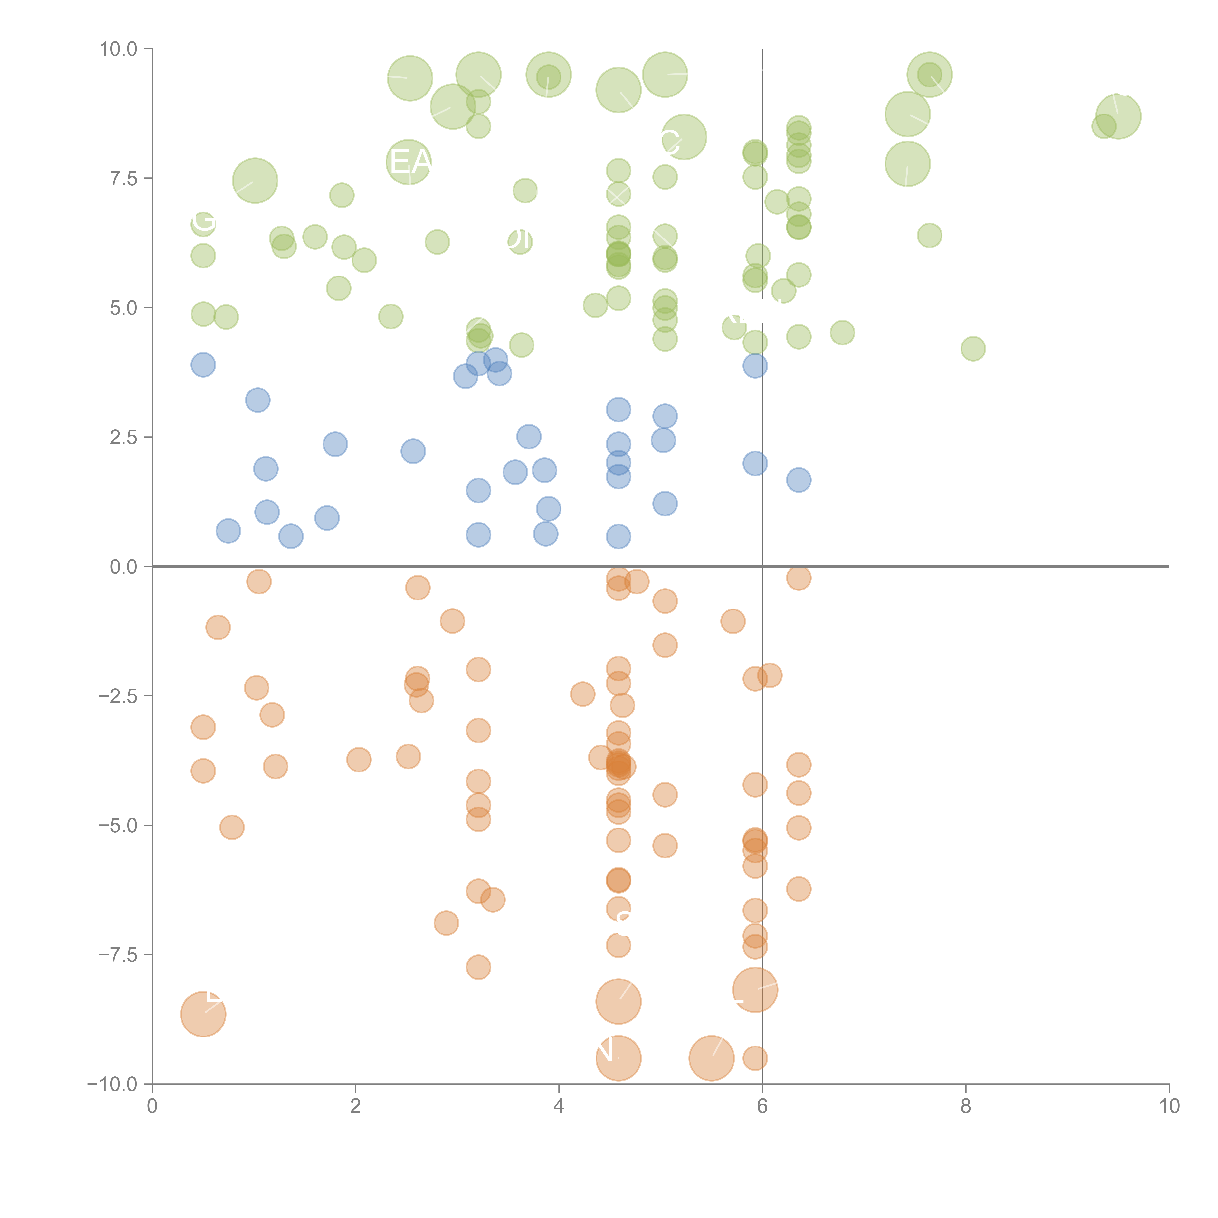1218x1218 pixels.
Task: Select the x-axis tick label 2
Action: pyautogui.click(x=356, y=1106)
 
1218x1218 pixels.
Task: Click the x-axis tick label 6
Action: pyautogui.click(x=762, y=1106)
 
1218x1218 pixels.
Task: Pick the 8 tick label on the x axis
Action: pyautogui.click(x=966, y=1106)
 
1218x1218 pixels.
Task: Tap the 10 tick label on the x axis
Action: pyautogui.click(x=1169, y=1106)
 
